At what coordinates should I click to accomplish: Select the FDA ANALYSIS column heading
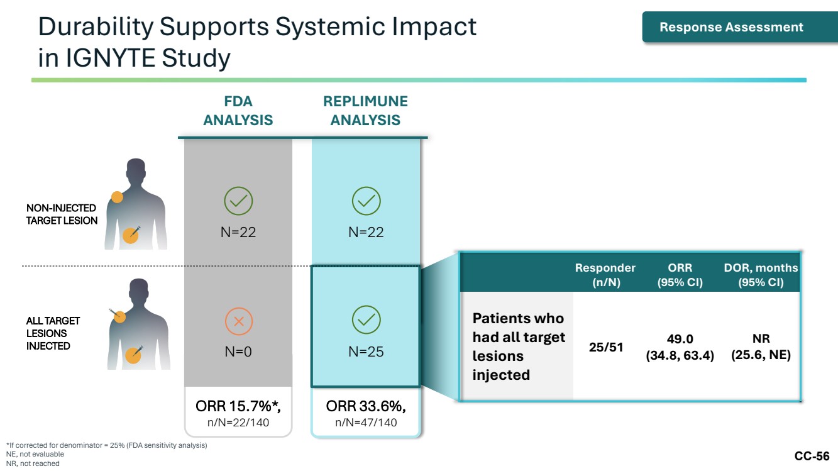point(238,111)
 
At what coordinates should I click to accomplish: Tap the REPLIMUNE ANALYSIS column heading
point(365,111)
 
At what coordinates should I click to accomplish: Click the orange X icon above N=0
point(239,321)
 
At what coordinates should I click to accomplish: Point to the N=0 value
point(238,352)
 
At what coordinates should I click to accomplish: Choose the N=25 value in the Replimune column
point(366,352)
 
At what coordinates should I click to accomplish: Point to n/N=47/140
point(366,423)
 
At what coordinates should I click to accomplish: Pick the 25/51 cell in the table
point(606,347)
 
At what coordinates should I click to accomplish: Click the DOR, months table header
point(761,275)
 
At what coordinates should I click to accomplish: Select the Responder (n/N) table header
point(605,275)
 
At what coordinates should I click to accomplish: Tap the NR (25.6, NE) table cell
point(761,346)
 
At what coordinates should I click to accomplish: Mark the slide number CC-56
point(812,457)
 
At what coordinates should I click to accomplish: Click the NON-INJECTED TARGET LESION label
point(62,214)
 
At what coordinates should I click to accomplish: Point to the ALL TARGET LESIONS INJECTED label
point(53,333)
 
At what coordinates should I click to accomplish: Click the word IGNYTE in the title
point(111,58)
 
